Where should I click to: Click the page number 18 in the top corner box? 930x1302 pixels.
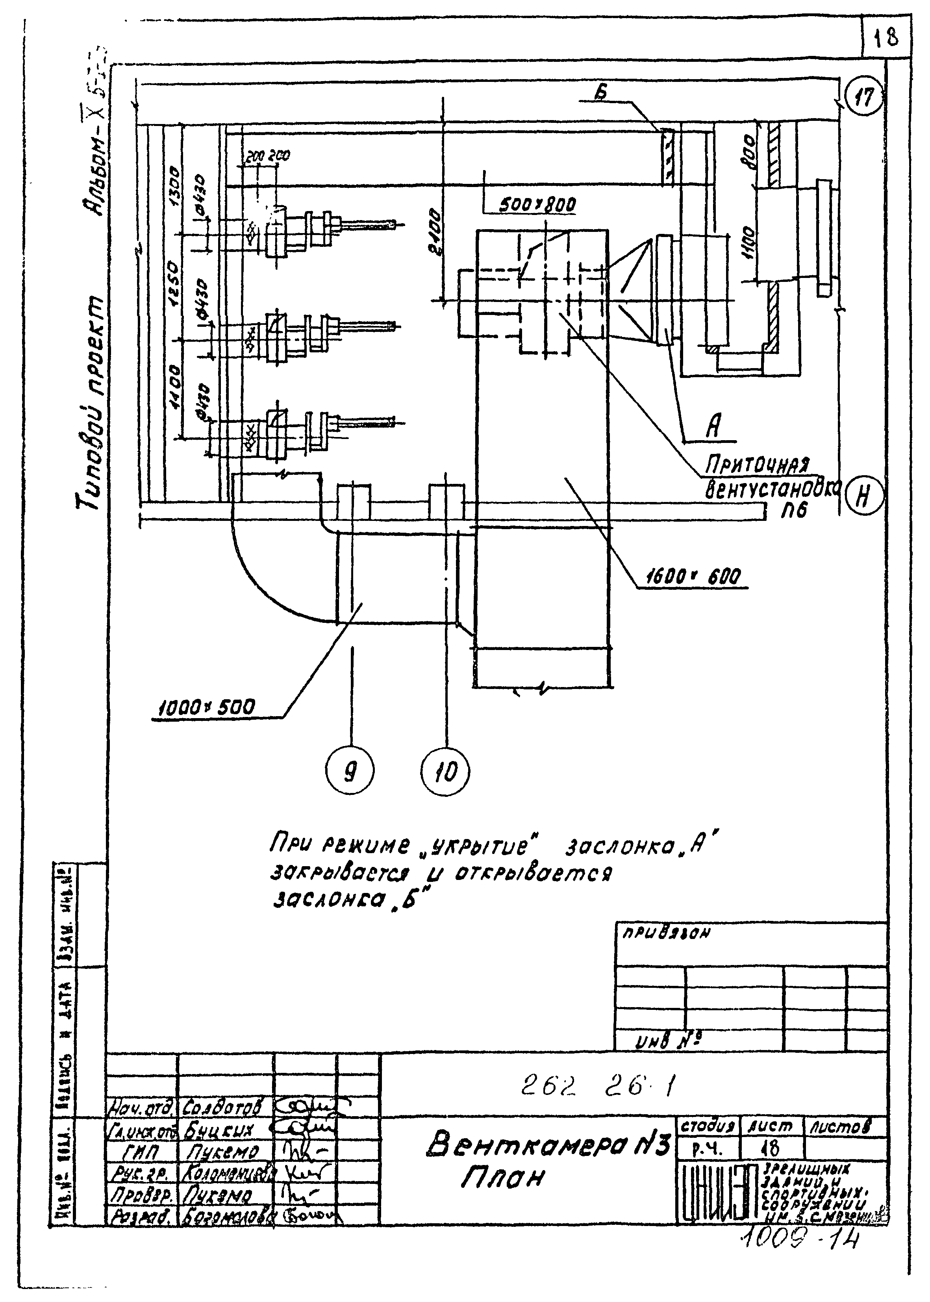[x=886, y=38]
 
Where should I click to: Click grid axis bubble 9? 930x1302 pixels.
[x=349, y=772]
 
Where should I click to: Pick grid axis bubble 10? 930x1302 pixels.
[x=446, y=772]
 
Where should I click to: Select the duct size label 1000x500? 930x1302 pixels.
[x=206, y=708]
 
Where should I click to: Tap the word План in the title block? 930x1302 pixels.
[x=502, y=1177]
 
